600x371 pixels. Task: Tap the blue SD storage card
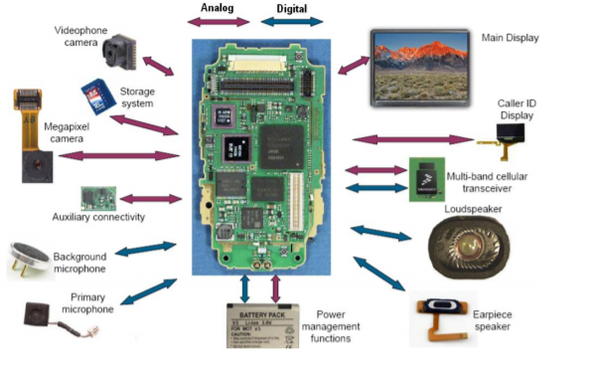point(95,95)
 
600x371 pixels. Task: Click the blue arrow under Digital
point(292,22)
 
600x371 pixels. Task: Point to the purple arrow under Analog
point(221,22)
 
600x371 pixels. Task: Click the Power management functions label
point(331,325)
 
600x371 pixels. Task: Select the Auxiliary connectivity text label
point(99,217)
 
